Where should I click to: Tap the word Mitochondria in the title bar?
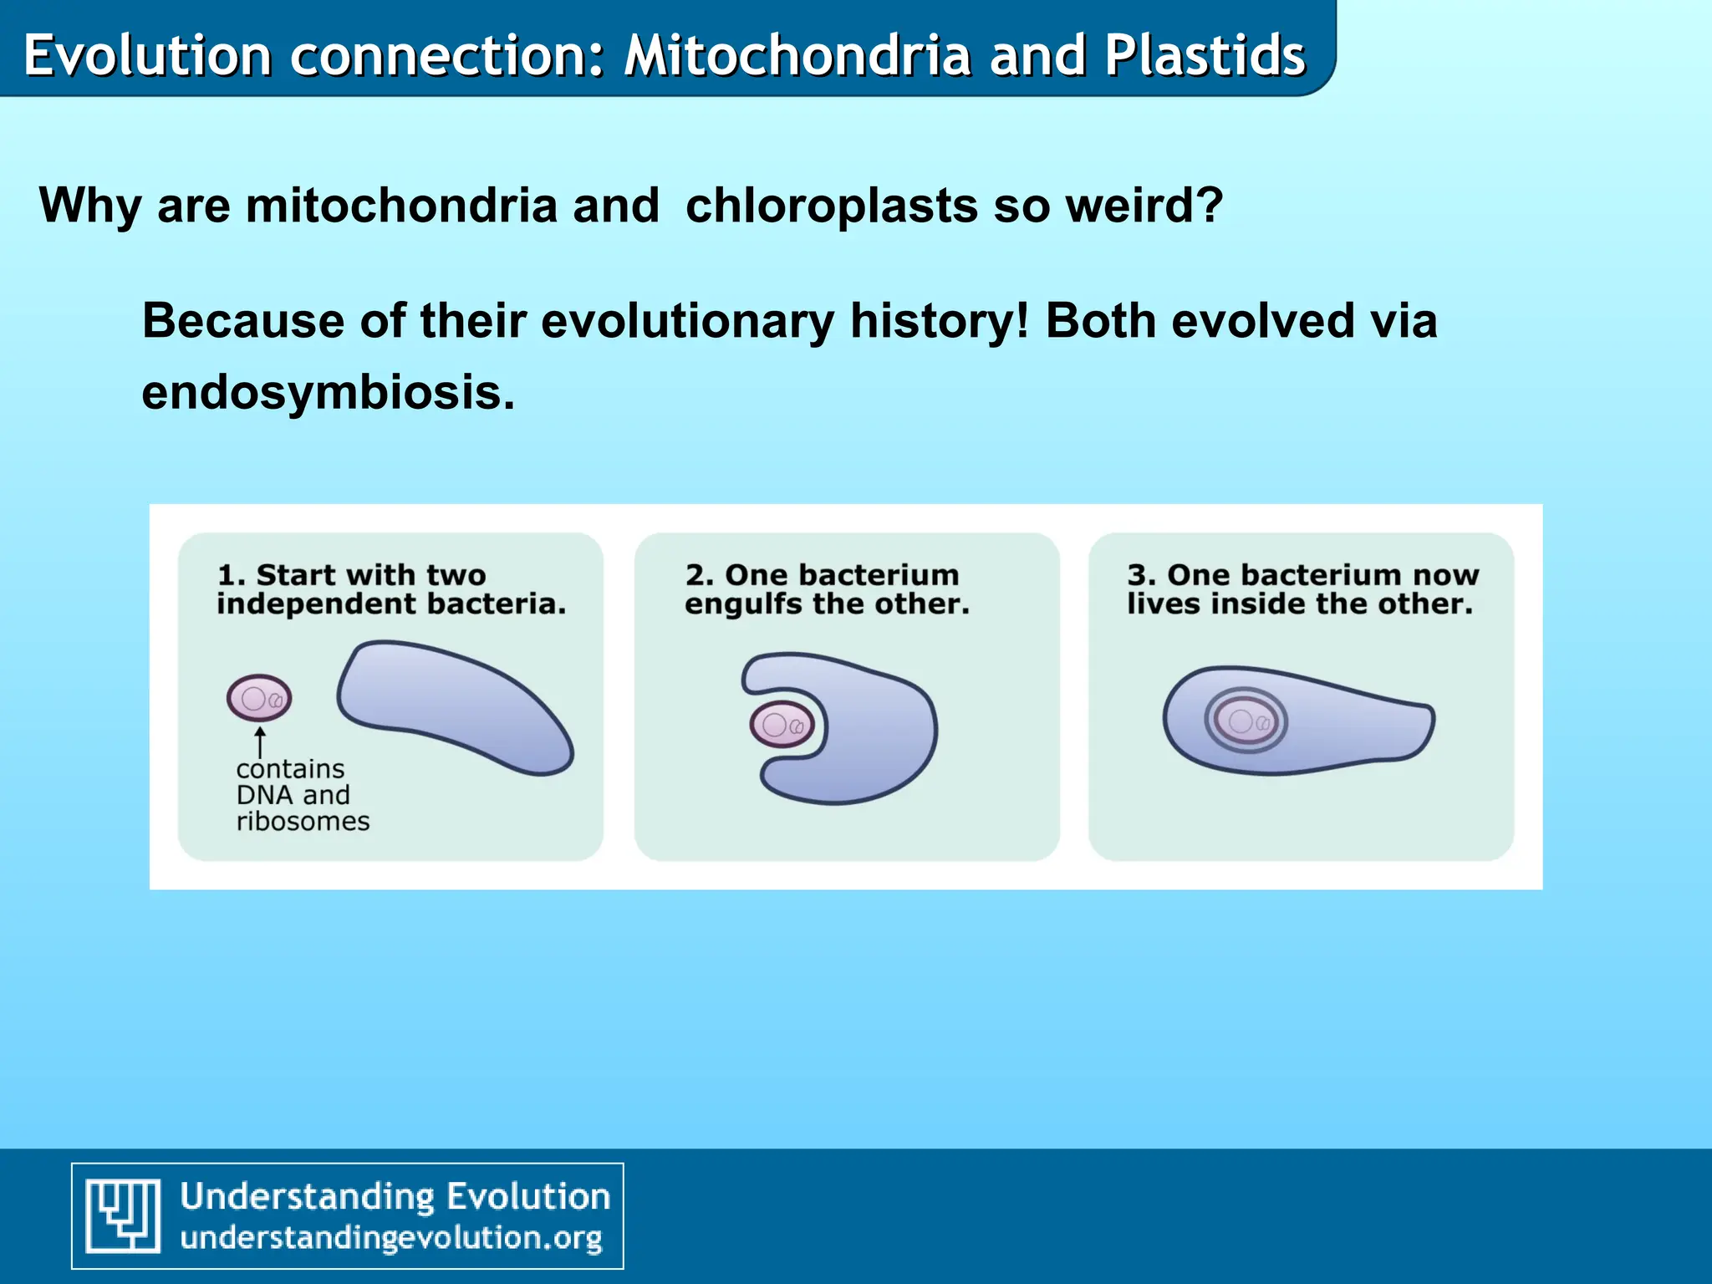point(797,55)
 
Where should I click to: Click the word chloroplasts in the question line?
point(831,205)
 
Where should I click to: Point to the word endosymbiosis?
point(328,392)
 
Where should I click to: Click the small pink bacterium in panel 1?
point(259,698)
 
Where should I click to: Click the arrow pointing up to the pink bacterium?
point(260,741)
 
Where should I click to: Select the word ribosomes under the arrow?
point(303,822)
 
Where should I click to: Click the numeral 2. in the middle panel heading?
point(699,575)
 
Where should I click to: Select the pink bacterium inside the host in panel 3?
point(1246,721)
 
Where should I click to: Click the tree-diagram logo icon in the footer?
point(124,1215)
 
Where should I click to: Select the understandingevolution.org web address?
point(390,1238)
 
